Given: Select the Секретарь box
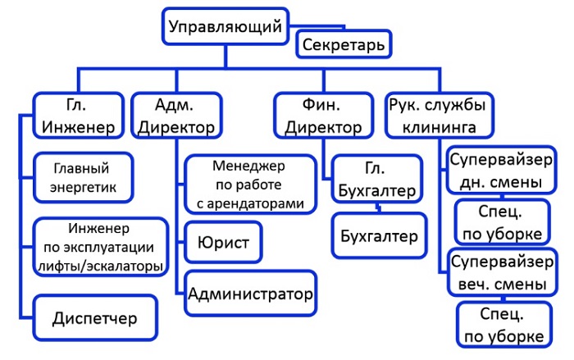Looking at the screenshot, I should pos(343,45).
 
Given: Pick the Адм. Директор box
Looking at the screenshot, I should pos(177,116).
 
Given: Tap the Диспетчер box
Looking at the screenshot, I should pos(94,317).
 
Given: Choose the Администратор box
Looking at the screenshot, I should pos(251,293).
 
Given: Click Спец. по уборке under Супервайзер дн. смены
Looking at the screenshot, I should pos(499,221).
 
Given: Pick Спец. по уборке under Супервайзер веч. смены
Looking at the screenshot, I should pos(499,326).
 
